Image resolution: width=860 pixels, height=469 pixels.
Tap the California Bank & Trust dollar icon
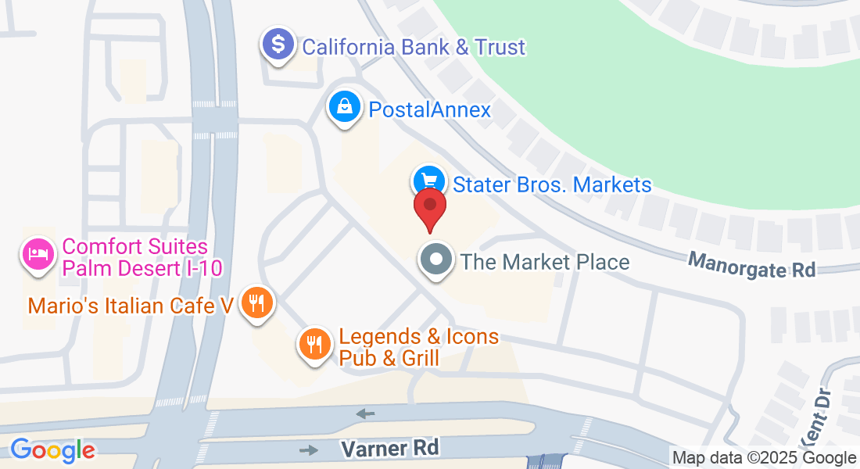point(278,44)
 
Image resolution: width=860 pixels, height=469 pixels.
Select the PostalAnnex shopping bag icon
point(345,106)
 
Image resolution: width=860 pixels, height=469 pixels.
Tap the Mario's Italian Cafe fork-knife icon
point(256,302)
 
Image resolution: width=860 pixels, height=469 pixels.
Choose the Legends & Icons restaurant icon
point(314,343)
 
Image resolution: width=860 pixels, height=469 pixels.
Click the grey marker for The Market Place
point(436,260)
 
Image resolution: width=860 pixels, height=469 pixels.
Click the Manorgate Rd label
point(751,264)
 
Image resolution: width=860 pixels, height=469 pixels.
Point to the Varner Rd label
point(390,449)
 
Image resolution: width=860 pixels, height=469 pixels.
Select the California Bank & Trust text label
point(414,47)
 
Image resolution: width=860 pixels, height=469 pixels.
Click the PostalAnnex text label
point(429,109)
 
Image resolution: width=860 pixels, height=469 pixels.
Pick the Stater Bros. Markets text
point(552,184)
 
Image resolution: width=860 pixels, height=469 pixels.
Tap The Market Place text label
point(545,261)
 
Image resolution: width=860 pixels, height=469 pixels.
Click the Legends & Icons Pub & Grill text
point(418,348)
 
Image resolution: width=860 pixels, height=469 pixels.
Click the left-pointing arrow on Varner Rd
point(364,413)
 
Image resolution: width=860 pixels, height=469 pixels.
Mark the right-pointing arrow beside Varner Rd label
point(310,449)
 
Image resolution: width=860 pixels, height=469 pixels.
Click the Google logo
point(52,449)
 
